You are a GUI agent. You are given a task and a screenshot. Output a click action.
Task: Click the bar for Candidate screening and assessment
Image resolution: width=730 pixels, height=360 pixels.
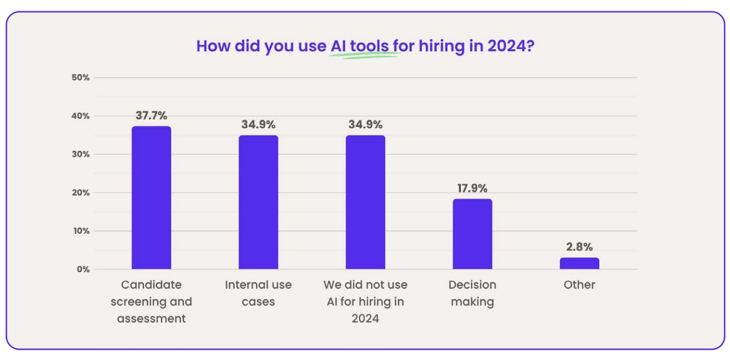point(151,198)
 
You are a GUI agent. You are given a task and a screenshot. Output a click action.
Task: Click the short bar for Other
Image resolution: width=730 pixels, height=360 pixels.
point(579,263)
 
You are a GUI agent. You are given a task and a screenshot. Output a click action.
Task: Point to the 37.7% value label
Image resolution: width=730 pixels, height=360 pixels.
point(151,115)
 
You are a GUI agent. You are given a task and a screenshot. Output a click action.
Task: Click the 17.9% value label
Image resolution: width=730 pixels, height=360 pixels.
point(472,188)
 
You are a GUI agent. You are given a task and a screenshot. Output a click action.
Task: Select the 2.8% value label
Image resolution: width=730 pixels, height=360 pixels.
point(579,247)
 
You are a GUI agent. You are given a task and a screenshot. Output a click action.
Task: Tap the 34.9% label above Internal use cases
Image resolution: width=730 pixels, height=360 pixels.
point(258,125)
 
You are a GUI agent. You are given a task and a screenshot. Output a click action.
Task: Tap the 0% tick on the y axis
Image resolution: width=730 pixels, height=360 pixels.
point(82,269)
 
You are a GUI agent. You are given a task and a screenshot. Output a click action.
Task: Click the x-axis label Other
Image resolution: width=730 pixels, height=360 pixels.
point(579,285)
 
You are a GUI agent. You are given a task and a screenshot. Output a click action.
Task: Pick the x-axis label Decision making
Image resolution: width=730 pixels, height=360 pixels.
point(472,293)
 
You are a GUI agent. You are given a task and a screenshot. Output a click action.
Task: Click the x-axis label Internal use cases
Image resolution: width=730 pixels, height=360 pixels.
point(258,293)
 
